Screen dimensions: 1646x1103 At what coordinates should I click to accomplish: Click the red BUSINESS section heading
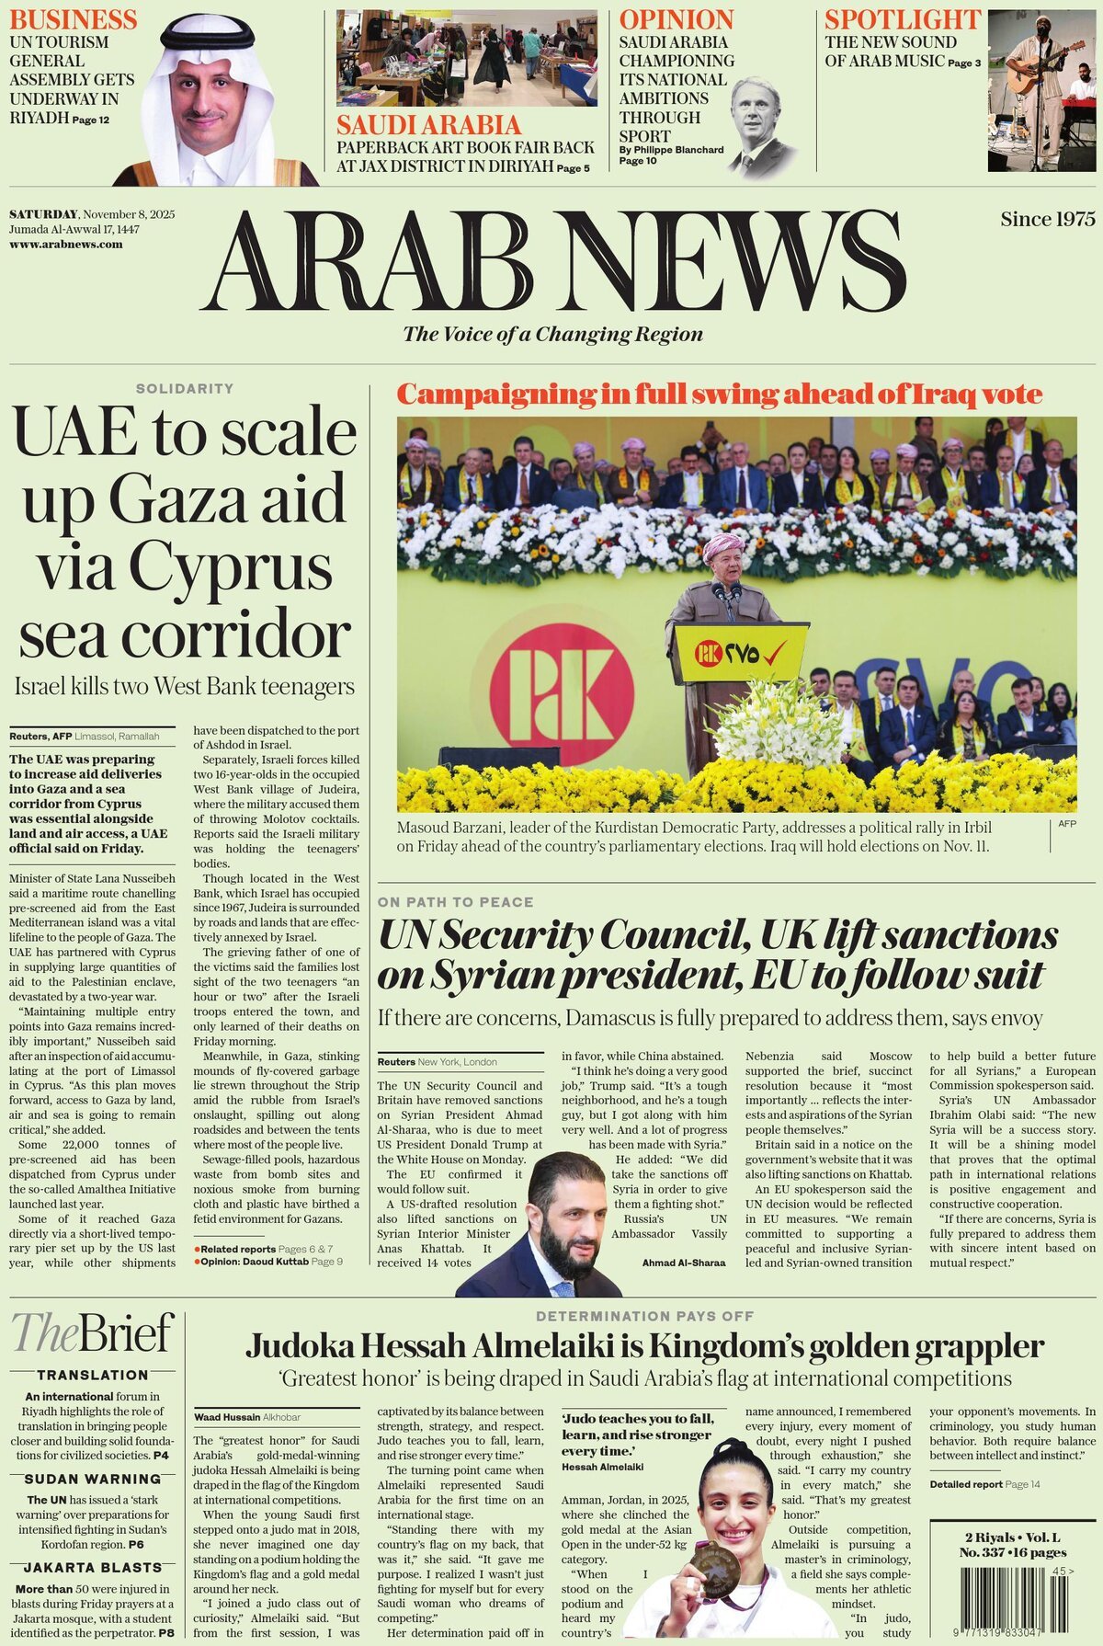[x=73, y=19]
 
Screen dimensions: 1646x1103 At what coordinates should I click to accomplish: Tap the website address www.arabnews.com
[x=65, y=245]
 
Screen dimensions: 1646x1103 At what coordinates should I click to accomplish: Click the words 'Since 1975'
[x=1048, y=219]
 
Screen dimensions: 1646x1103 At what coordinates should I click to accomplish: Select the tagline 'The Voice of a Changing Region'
[x=552, y=334]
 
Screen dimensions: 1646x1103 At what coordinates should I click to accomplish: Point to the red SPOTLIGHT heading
[x=902, y=19]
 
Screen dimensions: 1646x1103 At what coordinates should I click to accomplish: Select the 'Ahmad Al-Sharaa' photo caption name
[x=683, y=1263]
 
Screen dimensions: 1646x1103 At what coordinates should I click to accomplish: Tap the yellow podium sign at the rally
[x=741, y=653]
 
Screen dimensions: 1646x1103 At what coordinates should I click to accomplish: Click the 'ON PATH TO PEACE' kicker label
[x=455, y=902]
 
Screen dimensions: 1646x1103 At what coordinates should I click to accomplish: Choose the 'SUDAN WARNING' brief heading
[x=92, y=1480]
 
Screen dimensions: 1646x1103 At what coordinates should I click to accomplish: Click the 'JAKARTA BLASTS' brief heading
[x=92, y=1567]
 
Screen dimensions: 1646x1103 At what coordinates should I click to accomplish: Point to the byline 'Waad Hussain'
[x=226, y=1417]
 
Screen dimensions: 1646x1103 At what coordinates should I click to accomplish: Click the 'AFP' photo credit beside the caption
[x=1066, y=824]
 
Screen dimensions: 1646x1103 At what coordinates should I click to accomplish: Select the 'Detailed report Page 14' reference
[x=984, y=1484]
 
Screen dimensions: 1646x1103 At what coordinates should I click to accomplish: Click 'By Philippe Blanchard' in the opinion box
[x=671, y=150]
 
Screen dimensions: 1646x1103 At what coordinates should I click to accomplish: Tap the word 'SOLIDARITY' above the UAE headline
[x=185, y=389]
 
